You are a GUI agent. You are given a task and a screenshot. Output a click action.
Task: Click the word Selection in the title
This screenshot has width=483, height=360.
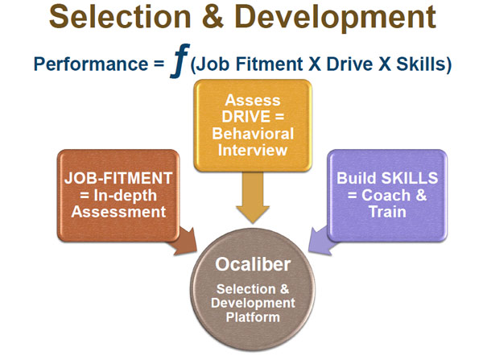point(120,17)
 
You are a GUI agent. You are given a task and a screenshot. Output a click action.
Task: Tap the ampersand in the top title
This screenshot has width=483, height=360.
point(213,17)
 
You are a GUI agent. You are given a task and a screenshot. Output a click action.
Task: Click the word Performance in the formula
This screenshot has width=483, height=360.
point(91,64)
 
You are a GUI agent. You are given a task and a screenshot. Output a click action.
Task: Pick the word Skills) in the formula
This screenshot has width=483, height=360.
point(423,64)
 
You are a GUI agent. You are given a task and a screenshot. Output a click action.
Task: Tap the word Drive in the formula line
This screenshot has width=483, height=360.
point(349,64)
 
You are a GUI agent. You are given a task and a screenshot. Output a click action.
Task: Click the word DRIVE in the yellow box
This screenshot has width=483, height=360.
point(246,117)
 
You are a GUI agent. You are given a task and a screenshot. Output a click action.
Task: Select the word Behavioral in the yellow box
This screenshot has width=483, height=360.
point(253,134)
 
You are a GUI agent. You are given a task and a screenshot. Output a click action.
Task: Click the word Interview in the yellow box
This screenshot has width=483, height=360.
point(253,150)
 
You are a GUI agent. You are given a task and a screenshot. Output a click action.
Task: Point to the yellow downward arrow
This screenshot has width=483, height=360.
point(253,197)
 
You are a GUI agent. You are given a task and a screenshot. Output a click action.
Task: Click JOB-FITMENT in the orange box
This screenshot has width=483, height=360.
point(118,178)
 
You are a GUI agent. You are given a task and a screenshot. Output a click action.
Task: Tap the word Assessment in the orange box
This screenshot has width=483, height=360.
point(118,212)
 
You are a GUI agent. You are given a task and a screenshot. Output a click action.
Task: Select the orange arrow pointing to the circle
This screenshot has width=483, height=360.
point(184,242)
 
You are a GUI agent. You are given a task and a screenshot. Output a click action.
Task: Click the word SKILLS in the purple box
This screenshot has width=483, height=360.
point(410,178)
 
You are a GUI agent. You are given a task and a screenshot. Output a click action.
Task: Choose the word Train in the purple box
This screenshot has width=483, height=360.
point(387,212)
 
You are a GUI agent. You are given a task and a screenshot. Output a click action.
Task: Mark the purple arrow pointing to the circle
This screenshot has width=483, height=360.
point(322,241)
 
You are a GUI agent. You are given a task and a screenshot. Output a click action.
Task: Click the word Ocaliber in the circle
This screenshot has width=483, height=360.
point(253,264)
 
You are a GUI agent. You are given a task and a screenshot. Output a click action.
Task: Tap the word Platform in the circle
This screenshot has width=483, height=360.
point(253,317)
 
